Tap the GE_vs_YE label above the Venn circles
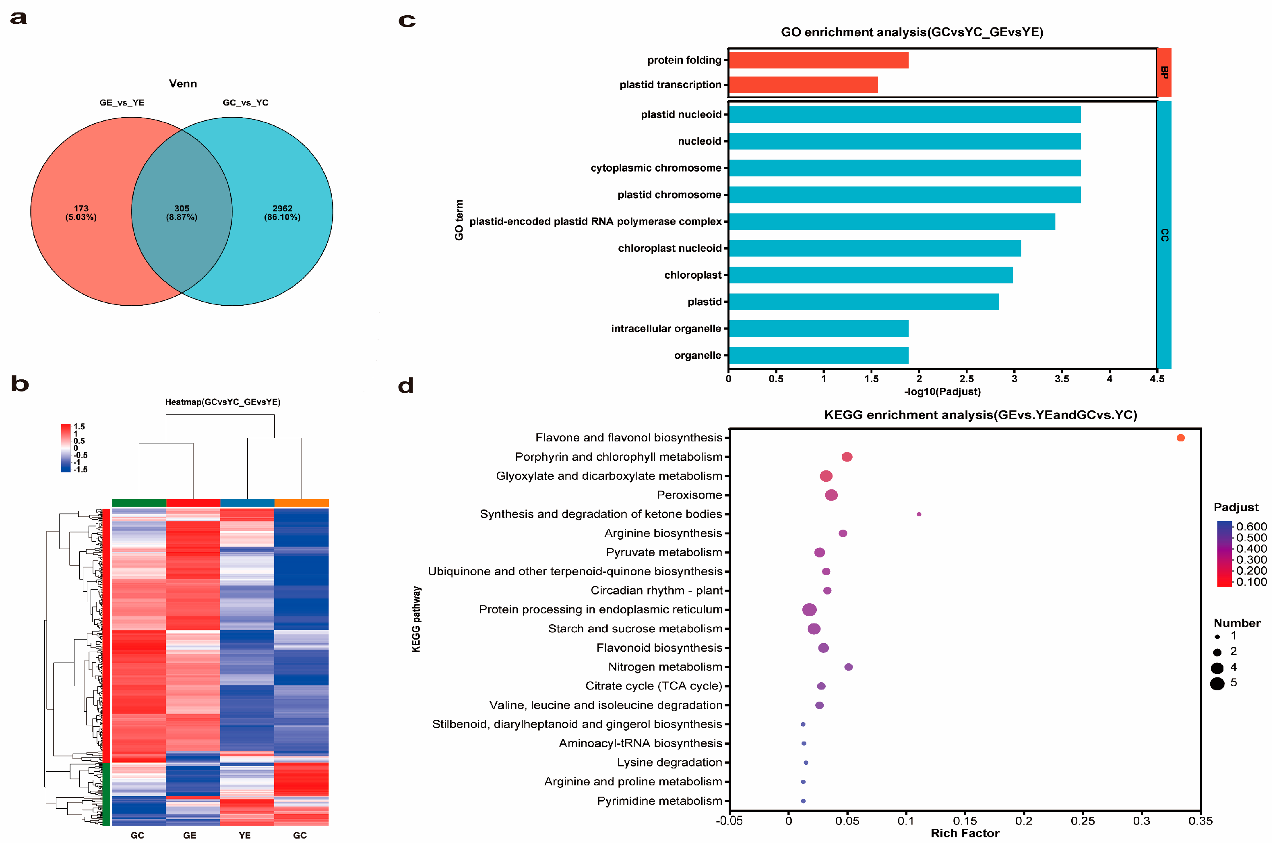click(122, 103)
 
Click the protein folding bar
click(818, 60)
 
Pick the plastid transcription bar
click(803, 85)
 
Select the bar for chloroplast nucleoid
click(874, 249)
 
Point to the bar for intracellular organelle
click(818, 328)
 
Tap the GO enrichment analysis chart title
click(911, 32)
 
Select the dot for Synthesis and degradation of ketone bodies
click(918, 514)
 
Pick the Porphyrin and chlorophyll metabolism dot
click(847, 457)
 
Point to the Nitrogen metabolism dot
click(848, 667)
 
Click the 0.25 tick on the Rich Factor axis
click(1083, 821)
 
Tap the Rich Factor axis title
click(964, 833)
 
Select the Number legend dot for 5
click(1217, 684)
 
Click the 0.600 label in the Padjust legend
click(1251, 527)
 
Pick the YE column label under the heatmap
click(245, 835)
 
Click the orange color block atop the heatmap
click(301, 503)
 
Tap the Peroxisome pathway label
click(689, 495)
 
